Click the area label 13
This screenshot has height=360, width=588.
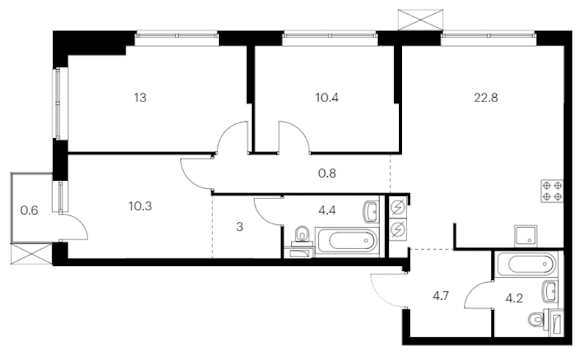click(140, 98)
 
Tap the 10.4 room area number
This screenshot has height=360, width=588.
click(326, 98)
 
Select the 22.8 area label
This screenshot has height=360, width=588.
click(486, 98)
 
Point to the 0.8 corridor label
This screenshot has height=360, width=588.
click(326, 173)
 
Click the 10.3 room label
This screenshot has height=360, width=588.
click(140, 206)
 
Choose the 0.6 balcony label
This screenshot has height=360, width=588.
click(29, 210)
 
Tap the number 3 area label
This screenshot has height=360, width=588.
click(240, 226)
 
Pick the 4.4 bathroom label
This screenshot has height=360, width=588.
click(326, 210)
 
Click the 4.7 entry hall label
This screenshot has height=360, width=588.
click(440, 296)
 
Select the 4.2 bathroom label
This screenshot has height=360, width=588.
click(514, 298)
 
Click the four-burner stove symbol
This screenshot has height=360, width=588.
click(552, 191)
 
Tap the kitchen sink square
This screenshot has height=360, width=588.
click(526, 236)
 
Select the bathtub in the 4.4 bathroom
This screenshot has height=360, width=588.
click(346, 242)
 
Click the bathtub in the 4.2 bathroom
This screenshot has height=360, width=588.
click(526, 264)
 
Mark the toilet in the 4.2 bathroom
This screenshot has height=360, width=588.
click(536, 320)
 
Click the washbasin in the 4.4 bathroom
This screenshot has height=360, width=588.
click(371, 212)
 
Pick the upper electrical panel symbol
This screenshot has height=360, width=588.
click(398, 207)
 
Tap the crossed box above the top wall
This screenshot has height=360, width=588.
click(420, 20)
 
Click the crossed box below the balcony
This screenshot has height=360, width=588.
click(31, 254)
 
